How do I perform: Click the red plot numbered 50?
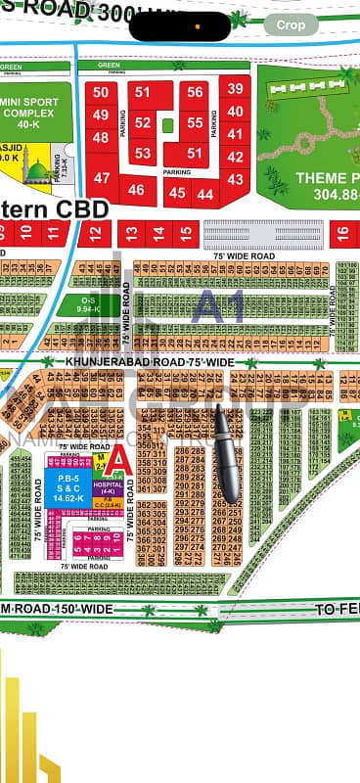(101, 93)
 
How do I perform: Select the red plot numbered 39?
(235, 88)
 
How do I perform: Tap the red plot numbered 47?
(102, 178)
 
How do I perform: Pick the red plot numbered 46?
(136, 190)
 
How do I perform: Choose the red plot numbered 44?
(204, 194)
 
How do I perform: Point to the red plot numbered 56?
(195, 92)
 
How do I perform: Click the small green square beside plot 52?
(168, 124)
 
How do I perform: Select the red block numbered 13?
(129, 234)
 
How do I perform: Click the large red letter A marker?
(118, 458)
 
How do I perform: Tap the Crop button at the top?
(291, 25)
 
